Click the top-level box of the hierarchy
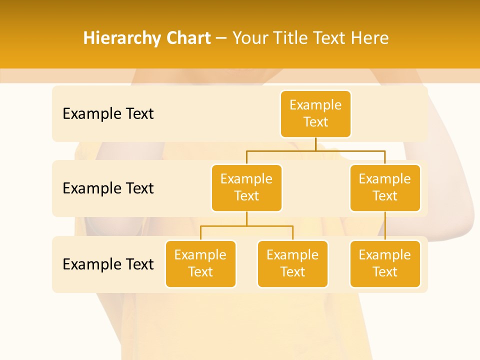(x=315, y=113)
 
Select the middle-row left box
(x=246, y=187)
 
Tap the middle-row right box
(x=385, y=187)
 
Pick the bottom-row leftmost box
(x=200, y=263)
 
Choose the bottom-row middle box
(x=292, y=263)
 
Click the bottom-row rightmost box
(x=385, y=263)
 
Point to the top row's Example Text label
(x=108, y=113)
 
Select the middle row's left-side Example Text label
(x=108, y=188)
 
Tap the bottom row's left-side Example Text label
(x=108, y=264)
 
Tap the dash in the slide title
(x=221, y=38)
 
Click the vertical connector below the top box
(x=315, y=144)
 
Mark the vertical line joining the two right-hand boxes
(x=385, y=226)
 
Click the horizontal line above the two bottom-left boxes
(x=246, y=226)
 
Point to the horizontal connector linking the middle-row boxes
(x=315, y=150)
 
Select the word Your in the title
(x=248, y=38)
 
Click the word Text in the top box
(x=315, y=122)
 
